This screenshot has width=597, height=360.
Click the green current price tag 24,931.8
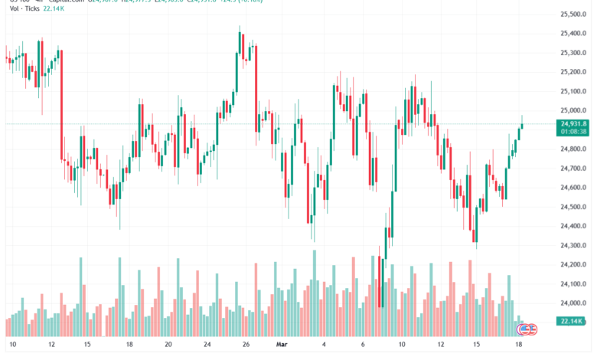[x=573, y=123]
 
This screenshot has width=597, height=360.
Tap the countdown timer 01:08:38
[x=573, y=131]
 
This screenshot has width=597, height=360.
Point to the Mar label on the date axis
[x=281, y=345]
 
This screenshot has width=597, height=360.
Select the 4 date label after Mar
[x=325, y=345]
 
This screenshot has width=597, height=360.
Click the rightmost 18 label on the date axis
[x=520, y=345]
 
